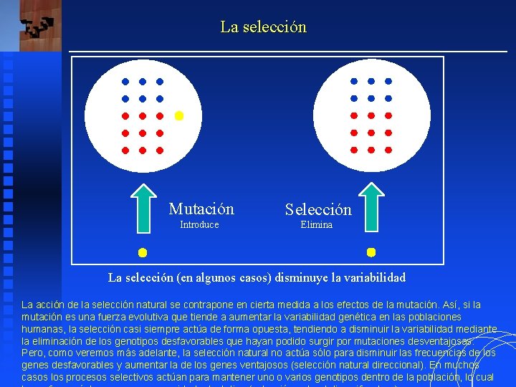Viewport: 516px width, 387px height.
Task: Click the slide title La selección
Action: click(x=263, y=27)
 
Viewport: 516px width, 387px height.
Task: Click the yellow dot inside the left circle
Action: click(x=179, y=115)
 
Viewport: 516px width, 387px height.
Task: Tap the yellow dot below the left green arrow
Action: click(x=143, y=252)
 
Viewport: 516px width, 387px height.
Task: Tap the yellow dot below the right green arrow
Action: click(x=371, y=252)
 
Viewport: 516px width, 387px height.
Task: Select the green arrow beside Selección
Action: click(x=371, y=209)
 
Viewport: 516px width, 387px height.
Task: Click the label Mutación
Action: click(x=201, y=209)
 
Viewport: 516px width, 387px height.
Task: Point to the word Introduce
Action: click(x=199, y=225)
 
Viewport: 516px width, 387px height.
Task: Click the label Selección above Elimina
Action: click(x=318, y=210)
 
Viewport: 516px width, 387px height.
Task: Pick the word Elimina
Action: click(x=316, y=225)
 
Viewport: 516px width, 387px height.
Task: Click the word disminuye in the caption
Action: click(x=286, y=277)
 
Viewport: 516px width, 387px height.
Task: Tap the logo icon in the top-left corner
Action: click(x=37, y=27)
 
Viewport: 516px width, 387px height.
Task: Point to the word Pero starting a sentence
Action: click(x=33, y=353)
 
